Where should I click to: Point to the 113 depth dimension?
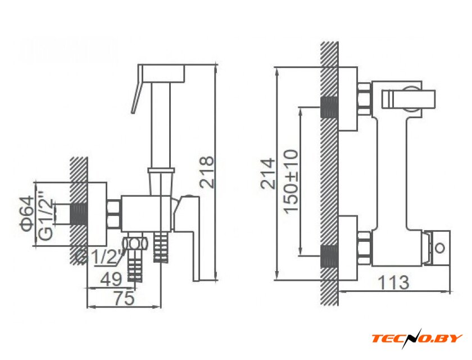pos(394,282)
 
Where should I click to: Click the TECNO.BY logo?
pos(416,338)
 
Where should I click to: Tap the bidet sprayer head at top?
pos(162,73)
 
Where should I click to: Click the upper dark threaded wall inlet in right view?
pos(329,107)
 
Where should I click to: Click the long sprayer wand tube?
pos(162,124)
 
